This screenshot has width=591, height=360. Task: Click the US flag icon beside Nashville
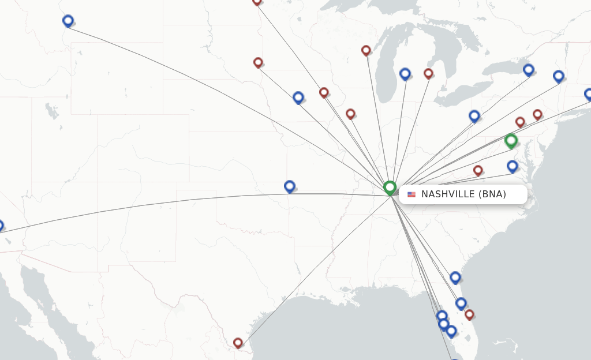tap(412, 194)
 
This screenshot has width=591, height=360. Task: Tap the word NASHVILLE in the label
tap(448, 194)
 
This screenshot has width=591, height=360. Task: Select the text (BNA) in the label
tap(492, 194)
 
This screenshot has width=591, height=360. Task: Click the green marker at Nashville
tap(390, 187)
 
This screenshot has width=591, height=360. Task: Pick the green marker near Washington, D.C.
tap(511, 140)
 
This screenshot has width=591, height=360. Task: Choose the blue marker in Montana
tap(68, 21)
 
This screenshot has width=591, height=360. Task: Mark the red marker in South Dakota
tap(258, 62)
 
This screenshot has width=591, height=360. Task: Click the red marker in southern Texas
tap(238, 343)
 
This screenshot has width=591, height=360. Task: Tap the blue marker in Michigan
tap(405, 73)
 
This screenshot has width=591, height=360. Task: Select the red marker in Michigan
tap(428, 73)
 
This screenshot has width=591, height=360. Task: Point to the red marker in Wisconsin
tap(366, 50)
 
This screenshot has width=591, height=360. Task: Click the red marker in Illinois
tap(350, 114)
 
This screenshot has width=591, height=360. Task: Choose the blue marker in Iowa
tap(298, 97)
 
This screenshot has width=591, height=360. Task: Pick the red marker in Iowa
tap(324, 92)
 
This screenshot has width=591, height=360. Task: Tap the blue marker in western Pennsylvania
tap(474, 116)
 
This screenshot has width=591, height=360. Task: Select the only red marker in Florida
tap(469, 314)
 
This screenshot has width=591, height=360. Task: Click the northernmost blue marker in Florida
tap(455, 277)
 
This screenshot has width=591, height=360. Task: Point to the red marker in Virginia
tap(478, 170)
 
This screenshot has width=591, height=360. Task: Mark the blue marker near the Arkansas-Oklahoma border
tap(290, 186)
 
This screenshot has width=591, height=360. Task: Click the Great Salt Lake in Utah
tap(53, 111)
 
